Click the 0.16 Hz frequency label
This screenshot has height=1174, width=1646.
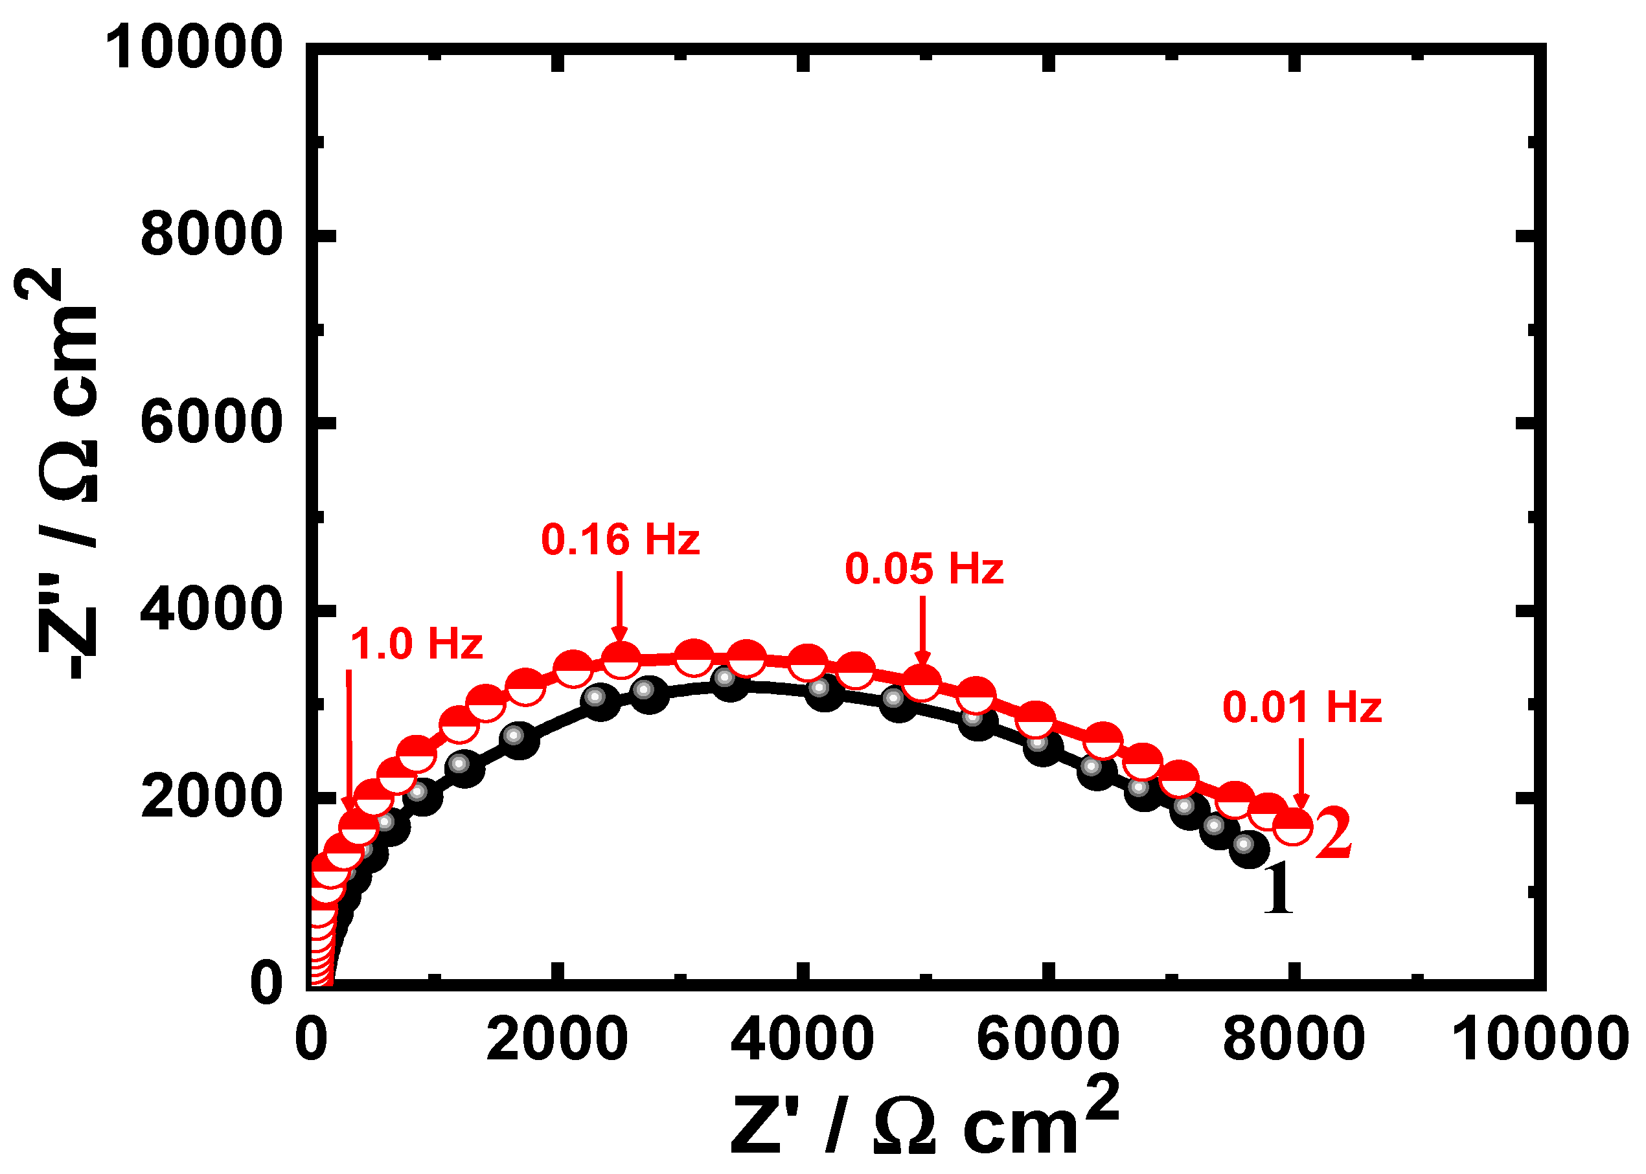pos(620,540)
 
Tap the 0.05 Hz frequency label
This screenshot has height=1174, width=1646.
pos(924,569)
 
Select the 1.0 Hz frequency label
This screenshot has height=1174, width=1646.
pos(416,644)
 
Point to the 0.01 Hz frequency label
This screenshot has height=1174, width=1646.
pos(1302,707)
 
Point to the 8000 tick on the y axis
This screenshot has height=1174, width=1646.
pos(210,234)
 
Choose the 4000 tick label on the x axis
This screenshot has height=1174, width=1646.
pos(802,1039)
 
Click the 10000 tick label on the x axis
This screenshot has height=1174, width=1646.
pos(1540,1039)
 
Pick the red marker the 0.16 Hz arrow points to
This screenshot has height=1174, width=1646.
pos(621,659)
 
